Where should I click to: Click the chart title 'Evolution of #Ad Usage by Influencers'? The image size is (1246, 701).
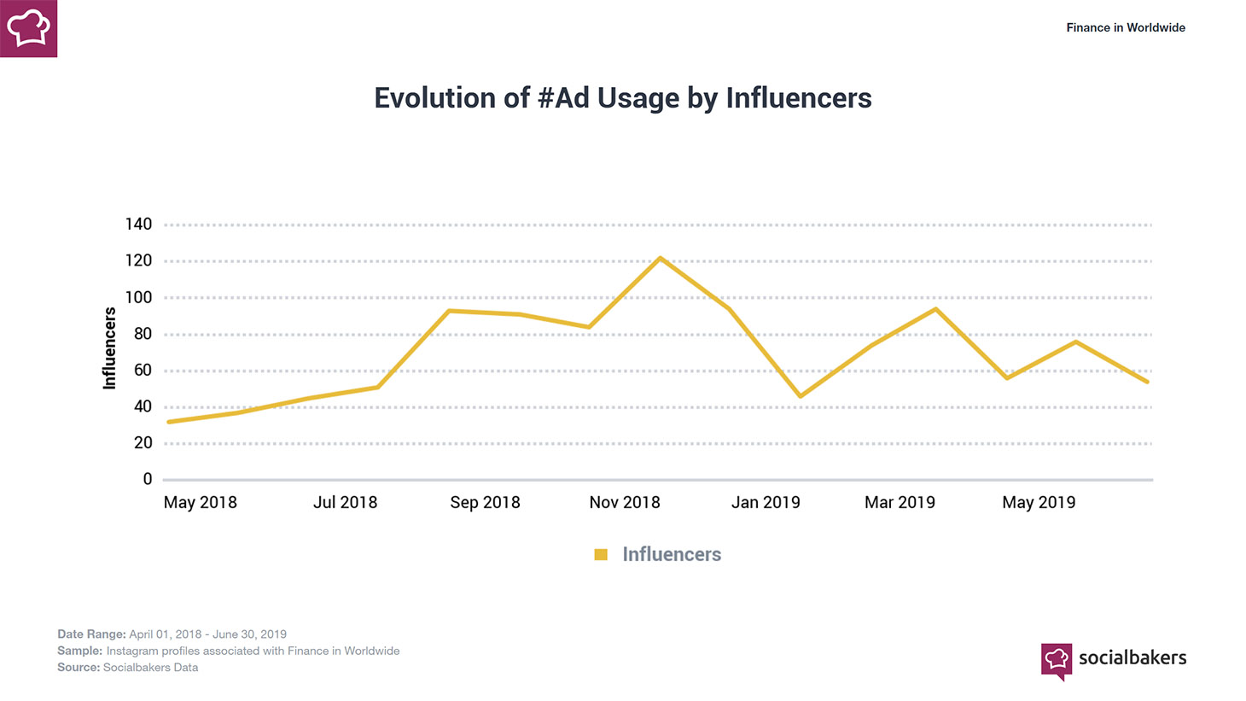tap(623, 98)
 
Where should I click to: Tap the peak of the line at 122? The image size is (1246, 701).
tap(660, 258)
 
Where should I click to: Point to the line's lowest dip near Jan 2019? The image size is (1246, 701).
tap(801, 396)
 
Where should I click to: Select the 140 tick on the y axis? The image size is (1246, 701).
tap(138, 225)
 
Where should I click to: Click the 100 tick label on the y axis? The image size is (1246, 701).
tap(138, 297)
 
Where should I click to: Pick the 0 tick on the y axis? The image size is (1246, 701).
tap(148, 479)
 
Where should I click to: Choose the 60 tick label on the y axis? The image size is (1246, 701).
tap(143, 370)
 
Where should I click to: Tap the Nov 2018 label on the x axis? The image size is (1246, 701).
tap(625, 502)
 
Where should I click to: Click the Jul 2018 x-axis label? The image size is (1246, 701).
tap(345, 502)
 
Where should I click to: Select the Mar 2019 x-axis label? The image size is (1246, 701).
tap(900, 502)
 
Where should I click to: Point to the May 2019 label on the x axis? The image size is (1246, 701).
tap(1039, 502)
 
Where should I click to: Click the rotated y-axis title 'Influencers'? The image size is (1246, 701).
tap(109, 348)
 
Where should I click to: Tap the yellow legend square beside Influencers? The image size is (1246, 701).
tap(601, 555)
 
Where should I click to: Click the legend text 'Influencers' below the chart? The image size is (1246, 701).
tap(672, 555)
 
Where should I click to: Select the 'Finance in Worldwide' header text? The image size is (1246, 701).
tap(1126, 27)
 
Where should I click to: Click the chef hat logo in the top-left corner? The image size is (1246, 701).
tap(28, 28)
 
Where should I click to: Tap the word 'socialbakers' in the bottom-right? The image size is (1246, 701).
tap(1132, 657)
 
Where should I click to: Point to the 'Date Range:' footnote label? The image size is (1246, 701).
tap(91, 634)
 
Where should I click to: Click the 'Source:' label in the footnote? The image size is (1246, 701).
tap(79, 668)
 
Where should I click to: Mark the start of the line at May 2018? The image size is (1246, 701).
tap(169, 422)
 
